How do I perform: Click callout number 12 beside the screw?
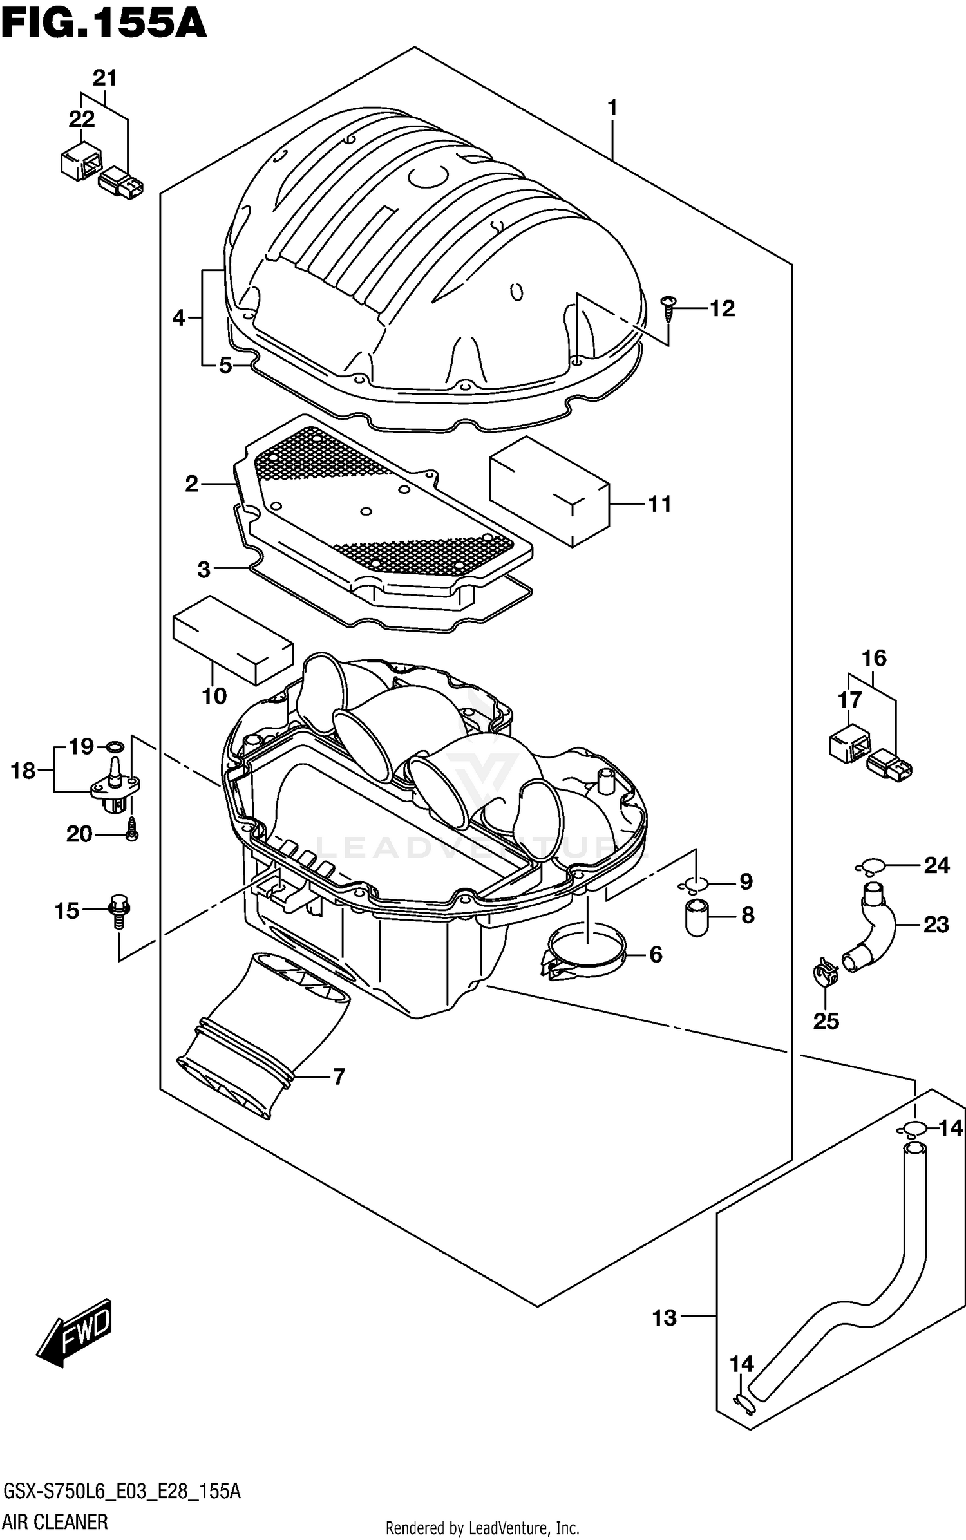(722, 308)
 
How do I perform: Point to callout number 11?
(659, 503)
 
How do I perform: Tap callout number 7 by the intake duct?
(339, 1076)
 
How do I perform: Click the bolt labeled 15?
(120, 910)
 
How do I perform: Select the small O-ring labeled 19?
(115, 747)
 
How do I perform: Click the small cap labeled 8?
(697, 917)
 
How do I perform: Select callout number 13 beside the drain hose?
(664, 1318)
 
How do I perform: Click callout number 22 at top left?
(81, 119)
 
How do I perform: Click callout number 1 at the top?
(612, 107)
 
